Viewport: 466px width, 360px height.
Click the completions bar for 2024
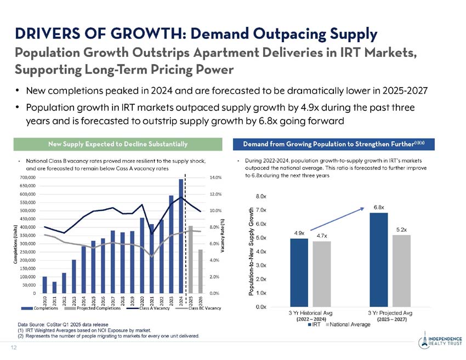tap(181, 236)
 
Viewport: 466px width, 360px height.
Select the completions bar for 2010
tap(44, 284)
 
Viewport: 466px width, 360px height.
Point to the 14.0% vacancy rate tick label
tap(215, 178)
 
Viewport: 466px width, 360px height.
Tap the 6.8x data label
tap(378, 207)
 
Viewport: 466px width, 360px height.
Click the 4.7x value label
tap(322, 236)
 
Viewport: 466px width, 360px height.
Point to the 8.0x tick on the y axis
tap(262, 196)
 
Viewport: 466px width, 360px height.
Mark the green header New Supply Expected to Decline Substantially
tap(117, 144)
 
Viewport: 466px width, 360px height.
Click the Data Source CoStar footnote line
tap(64, 325)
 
